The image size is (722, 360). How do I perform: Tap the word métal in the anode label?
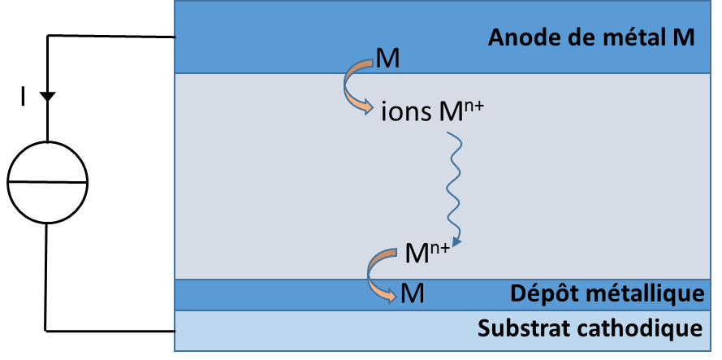tap(629, 37)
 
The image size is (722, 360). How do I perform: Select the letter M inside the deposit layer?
tap(412, 291)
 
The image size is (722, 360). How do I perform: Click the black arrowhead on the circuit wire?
tap(47, 96)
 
